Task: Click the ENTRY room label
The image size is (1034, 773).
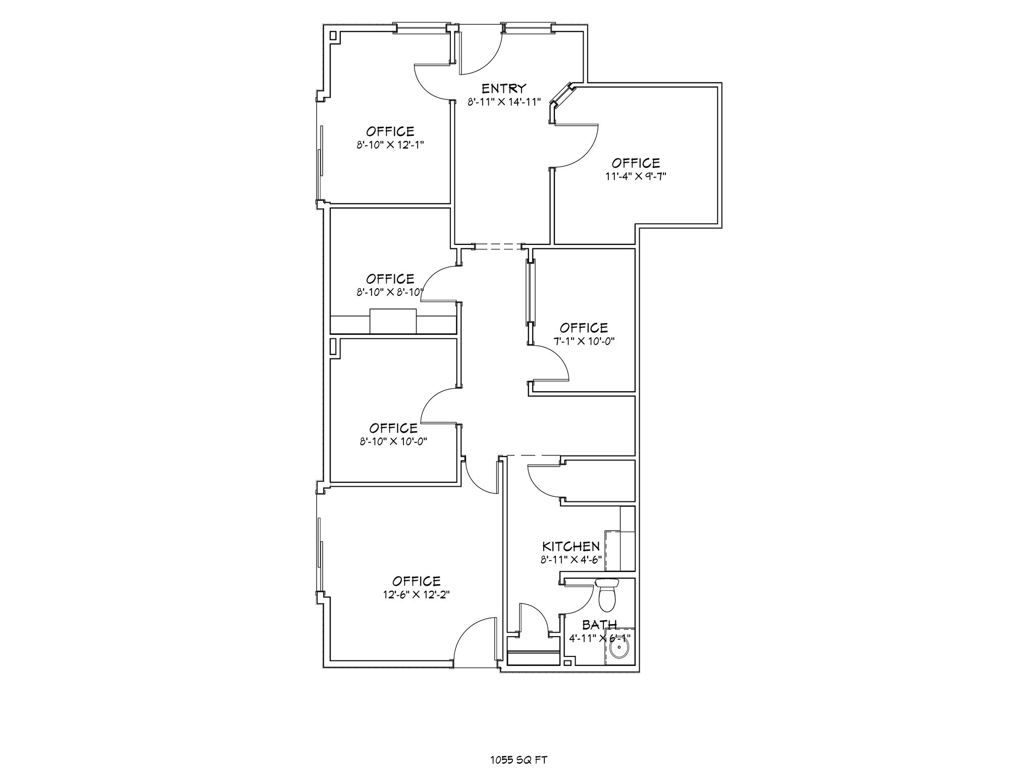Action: (504, 89)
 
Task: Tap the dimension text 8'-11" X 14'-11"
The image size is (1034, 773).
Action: (504, 102)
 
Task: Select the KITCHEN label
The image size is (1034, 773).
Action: (571, 546)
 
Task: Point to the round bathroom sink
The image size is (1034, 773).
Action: (618, 648)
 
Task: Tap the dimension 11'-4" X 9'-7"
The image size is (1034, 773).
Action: (635, 176)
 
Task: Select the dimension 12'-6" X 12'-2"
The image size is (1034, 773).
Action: (416, 595)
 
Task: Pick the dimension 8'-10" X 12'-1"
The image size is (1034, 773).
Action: (390, 145)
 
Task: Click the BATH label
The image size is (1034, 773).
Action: (599, 626)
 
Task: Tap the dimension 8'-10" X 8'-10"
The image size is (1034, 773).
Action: (390, 292)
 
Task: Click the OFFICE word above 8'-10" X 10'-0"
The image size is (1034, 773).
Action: (393, 428)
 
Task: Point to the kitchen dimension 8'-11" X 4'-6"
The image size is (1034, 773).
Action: (571, 559)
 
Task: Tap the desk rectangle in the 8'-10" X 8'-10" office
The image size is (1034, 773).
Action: (393, 322)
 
